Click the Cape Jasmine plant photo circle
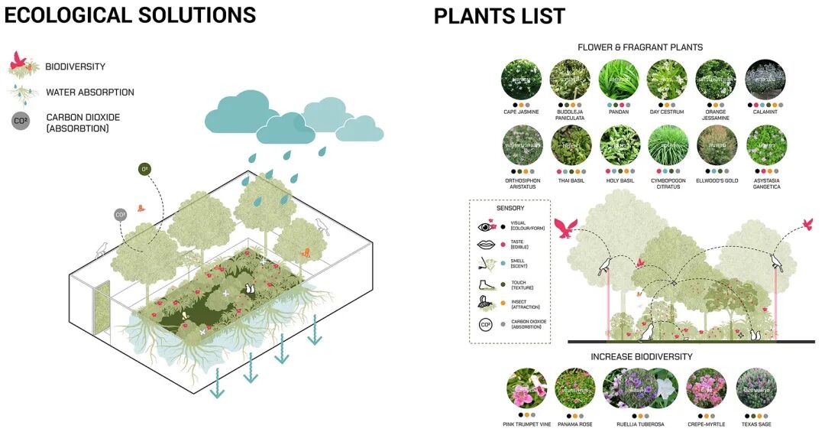coord(521,80)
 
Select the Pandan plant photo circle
coord(619,80)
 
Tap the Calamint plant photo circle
coord(765,80)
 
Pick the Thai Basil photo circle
coord(571,145)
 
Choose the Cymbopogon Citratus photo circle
coord(668,145)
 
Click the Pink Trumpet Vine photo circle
coord(526,388)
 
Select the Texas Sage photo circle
coord(756,388)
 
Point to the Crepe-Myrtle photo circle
coord(706,388)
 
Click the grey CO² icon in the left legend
coord(21,120)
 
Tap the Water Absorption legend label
coord(89,93)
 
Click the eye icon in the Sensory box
coord(486,226)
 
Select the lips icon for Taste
coord(486,245)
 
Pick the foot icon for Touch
coord(486,284)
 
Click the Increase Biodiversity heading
coord(642,357)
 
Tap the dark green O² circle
coord(144,169)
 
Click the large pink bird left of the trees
coord(567,226)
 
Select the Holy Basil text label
coord(620,181)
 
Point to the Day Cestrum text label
coord(668,112)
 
